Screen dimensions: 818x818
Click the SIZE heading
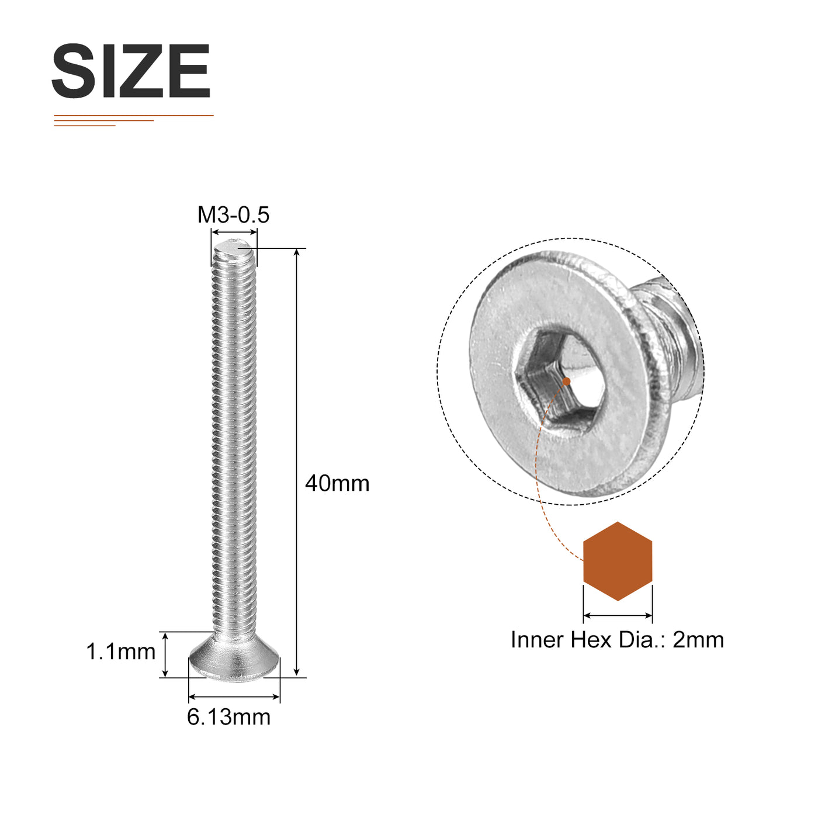click(131, 71)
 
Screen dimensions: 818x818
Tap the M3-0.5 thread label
click(234, 215)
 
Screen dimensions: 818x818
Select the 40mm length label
click(338, 484)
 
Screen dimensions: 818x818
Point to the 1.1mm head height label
click(121, 651)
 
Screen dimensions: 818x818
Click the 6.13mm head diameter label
click(229, 717)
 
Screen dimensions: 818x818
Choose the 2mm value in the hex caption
click(698, 640)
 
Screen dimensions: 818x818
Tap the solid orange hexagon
click(618, 561)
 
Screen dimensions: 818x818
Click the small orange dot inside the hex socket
click(567, 382)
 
